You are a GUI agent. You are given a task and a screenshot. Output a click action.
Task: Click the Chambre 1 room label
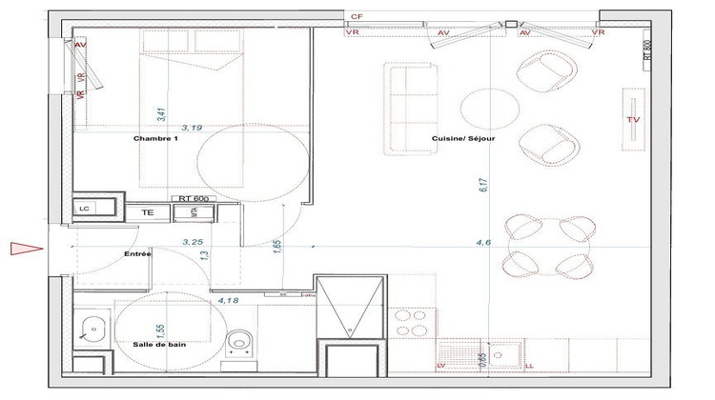pos(155,139)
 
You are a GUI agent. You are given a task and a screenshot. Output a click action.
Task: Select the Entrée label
pos(139,254)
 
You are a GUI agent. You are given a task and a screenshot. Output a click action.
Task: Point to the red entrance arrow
pos(21,250)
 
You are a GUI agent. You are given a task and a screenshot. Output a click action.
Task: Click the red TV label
pos(632,119)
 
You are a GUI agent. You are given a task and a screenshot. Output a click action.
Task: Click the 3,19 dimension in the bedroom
pos(192,125)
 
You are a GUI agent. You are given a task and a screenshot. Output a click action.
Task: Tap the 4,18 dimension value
pos(228,302)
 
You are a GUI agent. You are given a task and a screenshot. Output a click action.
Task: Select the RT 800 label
pos(647,50)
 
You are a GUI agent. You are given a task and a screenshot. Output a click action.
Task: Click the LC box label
pos(85,207)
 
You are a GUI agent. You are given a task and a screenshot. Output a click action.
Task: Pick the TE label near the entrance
pos(148,212)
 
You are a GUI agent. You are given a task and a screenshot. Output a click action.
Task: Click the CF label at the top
pos(357,17)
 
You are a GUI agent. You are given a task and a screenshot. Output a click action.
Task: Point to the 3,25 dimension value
pos(194,243)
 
